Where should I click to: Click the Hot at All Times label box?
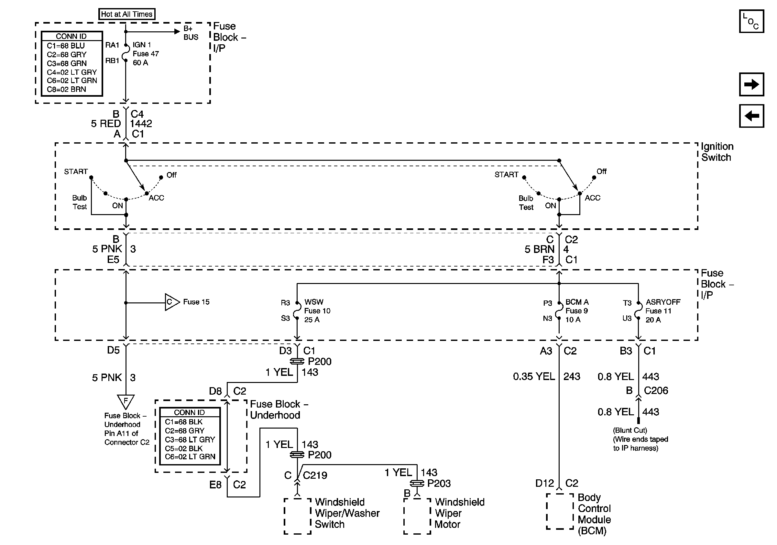click(126, 14)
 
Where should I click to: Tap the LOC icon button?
click(751, 21)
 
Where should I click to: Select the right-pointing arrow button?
click(751, 84)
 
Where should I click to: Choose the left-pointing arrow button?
click(751, 116)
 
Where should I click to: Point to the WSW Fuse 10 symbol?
click(296, 311)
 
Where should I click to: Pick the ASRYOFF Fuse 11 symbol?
click(638, 311)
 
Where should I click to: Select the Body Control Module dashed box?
click(560, 511)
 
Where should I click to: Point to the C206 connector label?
click(656, 391)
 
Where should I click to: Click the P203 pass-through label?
click(439, 484)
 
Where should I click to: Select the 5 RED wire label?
click(105, 124)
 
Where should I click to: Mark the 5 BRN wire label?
click(540, 249)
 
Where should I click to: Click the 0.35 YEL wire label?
click(534, 376)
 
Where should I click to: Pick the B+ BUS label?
click(191, 33)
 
